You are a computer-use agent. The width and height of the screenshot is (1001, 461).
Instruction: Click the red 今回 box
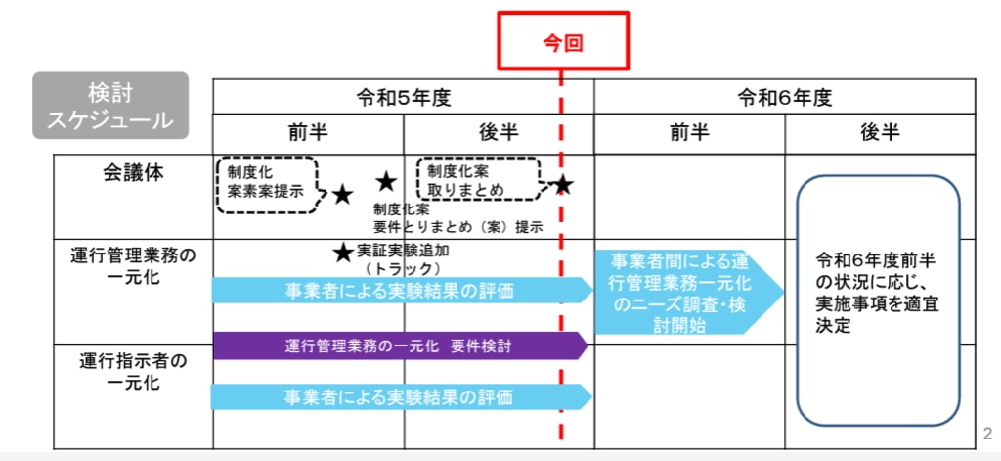click(561, 41)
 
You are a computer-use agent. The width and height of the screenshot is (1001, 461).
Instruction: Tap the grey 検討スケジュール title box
click(109, 106)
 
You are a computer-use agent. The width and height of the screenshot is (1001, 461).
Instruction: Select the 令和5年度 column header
click(403, 97)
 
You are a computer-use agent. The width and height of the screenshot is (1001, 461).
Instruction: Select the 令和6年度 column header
click(784, 97)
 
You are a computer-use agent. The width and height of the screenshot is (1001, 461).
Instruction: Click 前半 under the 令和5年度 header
click(308, 134)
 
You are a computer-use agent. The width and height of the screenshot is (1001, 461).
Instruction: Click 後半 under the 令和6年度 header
click(880, 134)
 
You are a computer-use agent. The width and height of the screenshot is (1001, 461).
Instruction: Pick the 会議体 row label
click(133, 173)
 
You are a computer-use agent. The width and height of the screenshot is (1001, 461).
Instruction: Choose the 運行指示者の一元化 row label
click(133, 371)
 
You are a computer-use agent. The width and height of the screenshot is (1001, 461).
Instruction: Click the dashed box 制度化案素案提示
click(266, 183)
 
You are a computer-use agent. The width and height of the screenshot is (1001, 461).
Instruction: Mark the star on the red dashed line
click(562, 185)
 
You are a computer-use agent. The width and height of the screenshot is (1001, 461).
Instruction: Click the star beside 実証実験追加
click(342, 253)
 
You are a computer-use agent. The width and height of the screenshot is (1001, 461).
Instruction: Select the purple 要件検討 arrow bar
click(399, 346)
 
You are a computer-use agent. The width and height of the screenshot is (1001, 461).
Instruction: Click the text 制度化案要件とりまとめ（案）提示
click(457, 218)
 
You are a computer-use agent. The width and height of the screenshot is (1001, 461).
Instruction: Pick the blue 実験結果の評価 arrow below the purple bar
click(401, 396)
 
